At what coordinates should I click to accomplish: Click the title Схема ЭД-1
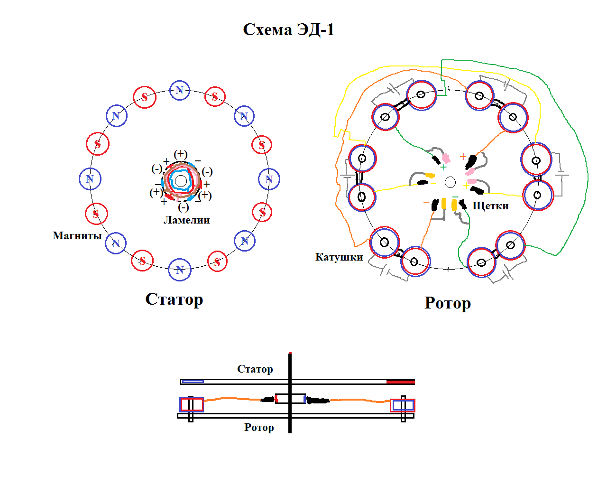pyautogui.click(x=288, y=30)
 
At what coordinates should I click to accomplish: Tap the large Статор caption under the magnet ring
pyautogui.click(x=174, y=299)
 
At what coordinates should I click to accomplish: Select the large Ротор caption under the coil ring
pyautogui.click(x=447, y=303)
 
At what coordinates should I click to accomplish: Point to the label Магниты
pyautogui.click(x=77, y=236)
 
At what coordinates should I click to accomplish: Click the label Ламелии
pyautogui.click(x=186, y=220)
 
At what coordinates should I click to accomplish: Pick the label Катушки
pyautogui.click(x=339, y=257)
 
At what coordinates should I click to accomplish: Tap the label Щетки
pyautogui.click(x=490, y=206)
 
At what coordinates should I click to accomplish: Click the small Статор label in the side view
pyautogui.click(x=255, y=369)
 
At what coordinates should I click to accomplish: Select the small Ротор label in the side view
pyautogui.click(x=259, y=428)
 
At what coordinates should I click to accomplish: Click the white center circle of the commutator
pyautogui.click(x=181, y=181)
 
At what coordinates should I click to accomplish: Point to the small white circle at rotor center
pyautogui.click(x=450, y=182)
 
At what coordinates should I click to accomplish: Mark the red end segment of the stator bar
pyautogui.click(x=401, y=382)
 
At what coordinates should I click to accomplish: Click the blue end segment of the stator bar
pyautogui.click(x=193, y=382)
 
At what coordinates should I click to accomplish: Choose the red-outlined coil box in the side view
pyautogui.click(x=192, y=404)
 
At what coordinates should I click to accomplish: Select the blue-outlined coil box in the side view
pyautogui.click(x=403, y=405)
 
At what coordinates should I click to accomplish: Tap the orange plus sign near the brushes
pyautogui.click(x=463, y=157)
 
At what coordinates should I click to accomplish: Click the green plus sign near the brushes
pyautogui.click(x=443, y=167)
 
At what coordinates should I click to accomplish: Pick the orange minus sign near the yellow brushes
pyautogui.click(x=426, y=202)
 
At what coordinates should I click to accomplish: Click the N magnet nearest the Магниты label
pyautogui.click(x=116, y=243)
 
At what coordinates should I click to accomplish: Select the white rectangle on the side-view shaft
pyautogui.click(x=290, y=398)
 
